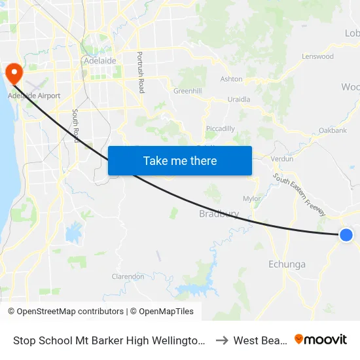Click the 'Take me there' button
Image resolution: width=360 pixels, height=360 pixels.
(x=180, y=160)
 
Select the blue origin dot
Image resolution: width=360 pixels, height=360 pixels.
(x=346, y=235)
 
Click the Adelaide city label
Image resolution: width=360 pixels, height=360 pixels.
(x=100, y=61)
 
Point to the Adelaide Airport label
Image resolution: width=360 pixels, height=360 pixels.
(x=34, y=96)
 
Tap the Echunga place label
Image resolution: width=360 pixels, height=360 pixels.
(x=287, y=264)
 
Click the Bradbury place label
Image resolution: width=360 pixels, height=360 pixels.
(x=219, y=214)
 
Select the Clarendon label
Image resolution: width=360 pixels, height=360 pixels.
(x=128, y=277)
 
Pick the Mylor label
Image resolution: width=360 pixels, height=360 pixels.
(x=251, y=198)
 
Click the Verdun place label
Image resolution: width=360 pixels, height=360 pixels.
(x=281, y=158)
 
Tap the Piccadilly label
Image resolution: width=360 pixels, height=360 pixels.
(x=220, y=129)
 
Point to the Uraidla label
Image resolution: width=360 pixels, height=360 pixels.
(x=238, y=99)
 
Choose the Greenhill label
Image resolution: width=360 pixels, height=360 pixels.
(x=187, y=91)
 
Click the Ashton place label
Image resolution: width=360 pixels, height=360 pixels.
(x=231, y=79)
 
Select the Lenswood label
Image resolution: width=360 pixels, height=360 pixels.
(x=317, y=57)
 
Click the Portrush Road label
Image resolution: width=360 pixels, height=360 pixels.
(x=140, y=72)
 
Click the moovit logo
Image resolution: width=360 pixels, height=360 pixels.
(x=321, y=339)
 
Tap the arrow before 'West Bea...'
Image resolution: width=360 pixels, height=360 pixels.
(x=221, y=340)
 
